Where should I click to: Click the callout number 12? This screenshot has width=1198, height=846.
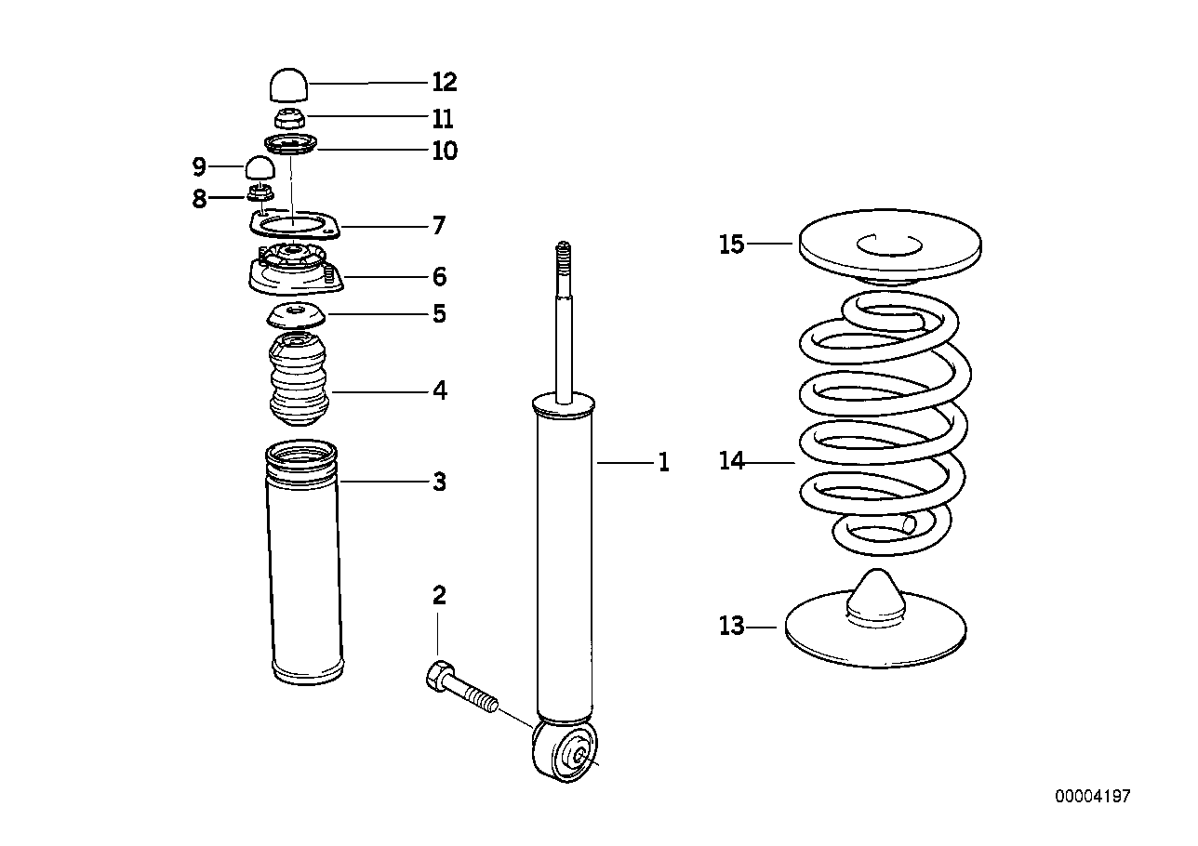(444, 82)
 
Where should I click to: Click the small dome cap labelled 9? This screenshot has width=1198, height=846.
(260, 168)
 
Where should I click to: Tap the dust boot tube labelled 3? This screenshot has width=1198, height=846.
(303, 576)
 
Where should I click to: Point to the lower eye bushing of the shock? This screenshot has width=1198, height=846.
(566, 752)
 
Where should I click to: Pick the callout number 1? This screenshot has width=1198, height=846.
(663, 462)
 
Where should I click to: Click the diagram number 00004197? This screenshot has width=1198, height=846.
(1093, 797)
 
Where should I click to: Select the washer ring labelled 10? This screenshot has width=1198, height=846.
(291, 145)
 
